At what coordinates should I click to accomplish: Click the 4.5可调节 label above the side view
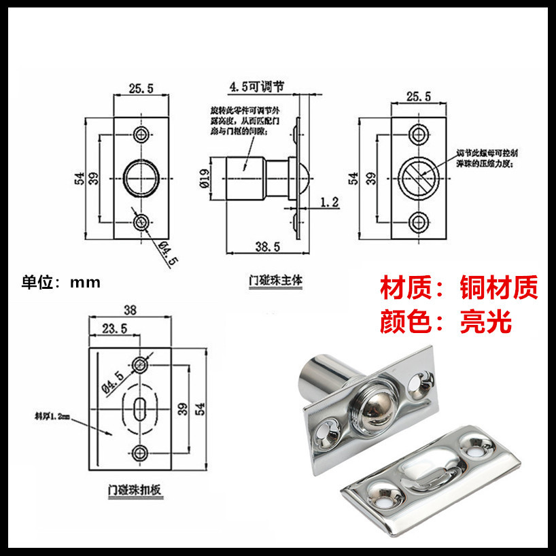[256, 87]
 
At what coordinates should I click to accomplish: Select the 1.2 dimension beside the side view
[329, 201]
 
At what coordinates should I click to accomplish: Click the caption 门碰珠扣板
[133, 489]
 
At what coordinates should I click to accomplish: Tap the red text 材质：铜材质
[459, 288]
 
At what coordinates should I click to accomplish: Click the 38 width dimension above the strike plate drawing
[131, 310]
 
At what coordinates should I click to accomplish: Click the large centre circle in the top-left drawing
[142, 178]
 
